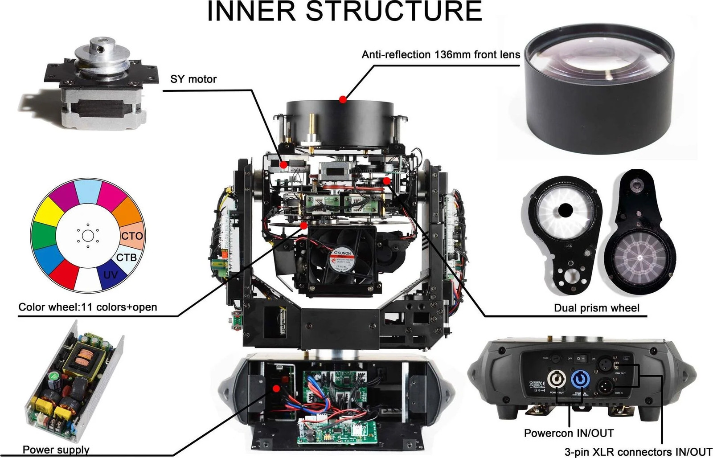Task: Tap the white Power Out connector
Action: (557, 380)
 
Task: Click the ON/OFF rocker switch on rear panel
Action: (580, 358)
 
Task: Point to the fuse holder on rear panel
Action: (555, 358)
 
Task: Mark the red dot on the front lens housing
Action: (342, 99)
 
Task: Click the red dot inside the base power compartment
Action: (276, 388)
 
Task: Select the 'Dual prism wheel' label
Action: (596, 308)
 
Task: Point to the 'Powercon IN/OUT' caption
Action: (569, 433)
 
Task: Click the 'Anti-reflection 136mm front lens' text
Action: (441, 55)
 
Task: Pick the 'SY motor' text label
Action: (193, 79)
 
